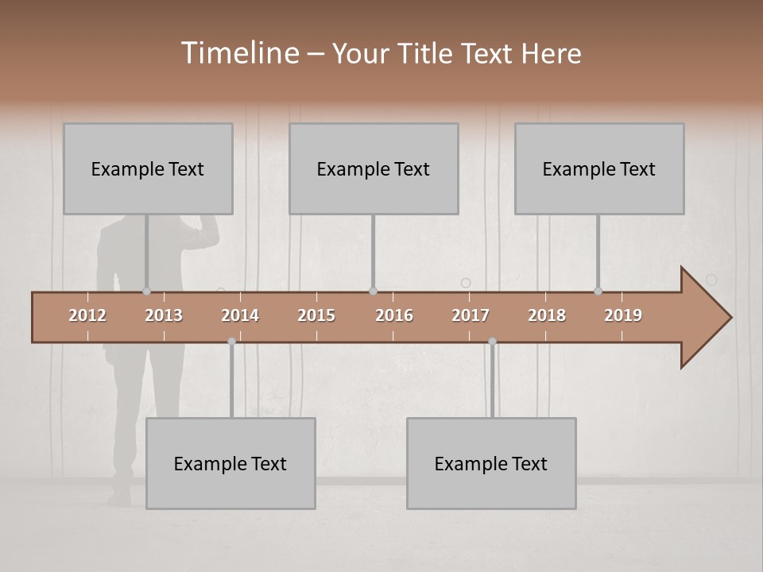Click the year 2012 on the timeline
click(87, 315)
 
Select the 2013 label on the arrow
click(164, 315)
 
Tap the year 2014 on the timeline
click(240, 315)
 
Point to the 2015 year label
click(316, 315)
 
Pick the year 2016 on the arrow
click(394, 315)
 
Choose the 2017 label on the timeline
click(471, 315)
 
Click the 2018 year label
click(547, 315)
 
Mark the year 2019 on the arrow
click(623, 315)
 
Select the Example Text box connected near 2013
click(148, 168)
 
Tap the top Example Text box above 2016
click(374, 168)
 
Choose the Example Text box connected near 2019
click(599, 168)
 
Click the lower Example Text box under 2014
click(230, 463)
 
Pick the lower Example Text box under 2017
click(491, 463)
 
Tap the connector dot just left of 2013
click(146, 291)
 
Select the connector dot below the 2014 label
click(231, 342)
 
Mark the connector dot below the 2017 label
click(492, 342)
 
